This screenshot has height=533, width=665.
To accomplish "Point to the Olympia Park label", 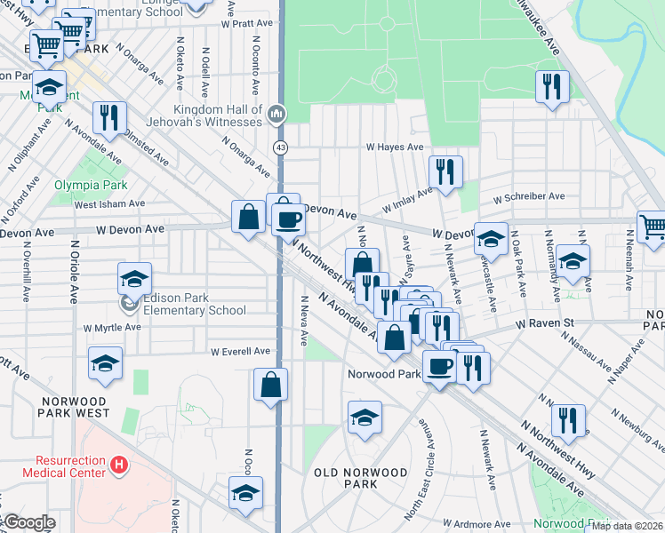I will (91, 186).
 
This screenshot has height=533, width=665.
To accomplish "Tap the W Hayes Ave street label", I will (391, 147).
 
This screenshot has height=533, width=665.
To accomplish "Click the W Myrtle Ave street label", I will (113, 328).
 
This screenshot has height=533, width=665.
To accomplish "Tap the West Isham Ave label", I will (108, 204).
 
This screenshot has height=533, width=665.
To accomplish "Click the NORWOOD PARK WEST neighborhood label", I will (75, 407).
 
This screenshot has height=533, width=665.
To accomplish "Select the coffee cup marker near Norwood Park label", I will (438, 364).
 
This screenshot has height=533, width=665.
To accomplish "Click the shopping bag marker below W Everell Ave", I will (271, 385).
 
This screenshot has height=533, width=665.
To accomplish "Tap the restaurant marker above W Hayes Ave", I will (552, 86).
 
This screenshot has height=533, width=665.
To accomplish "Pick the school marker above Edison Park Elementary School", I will (134, 279).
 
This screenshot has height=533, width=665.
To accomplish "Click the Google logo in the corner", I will (28, 522).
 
